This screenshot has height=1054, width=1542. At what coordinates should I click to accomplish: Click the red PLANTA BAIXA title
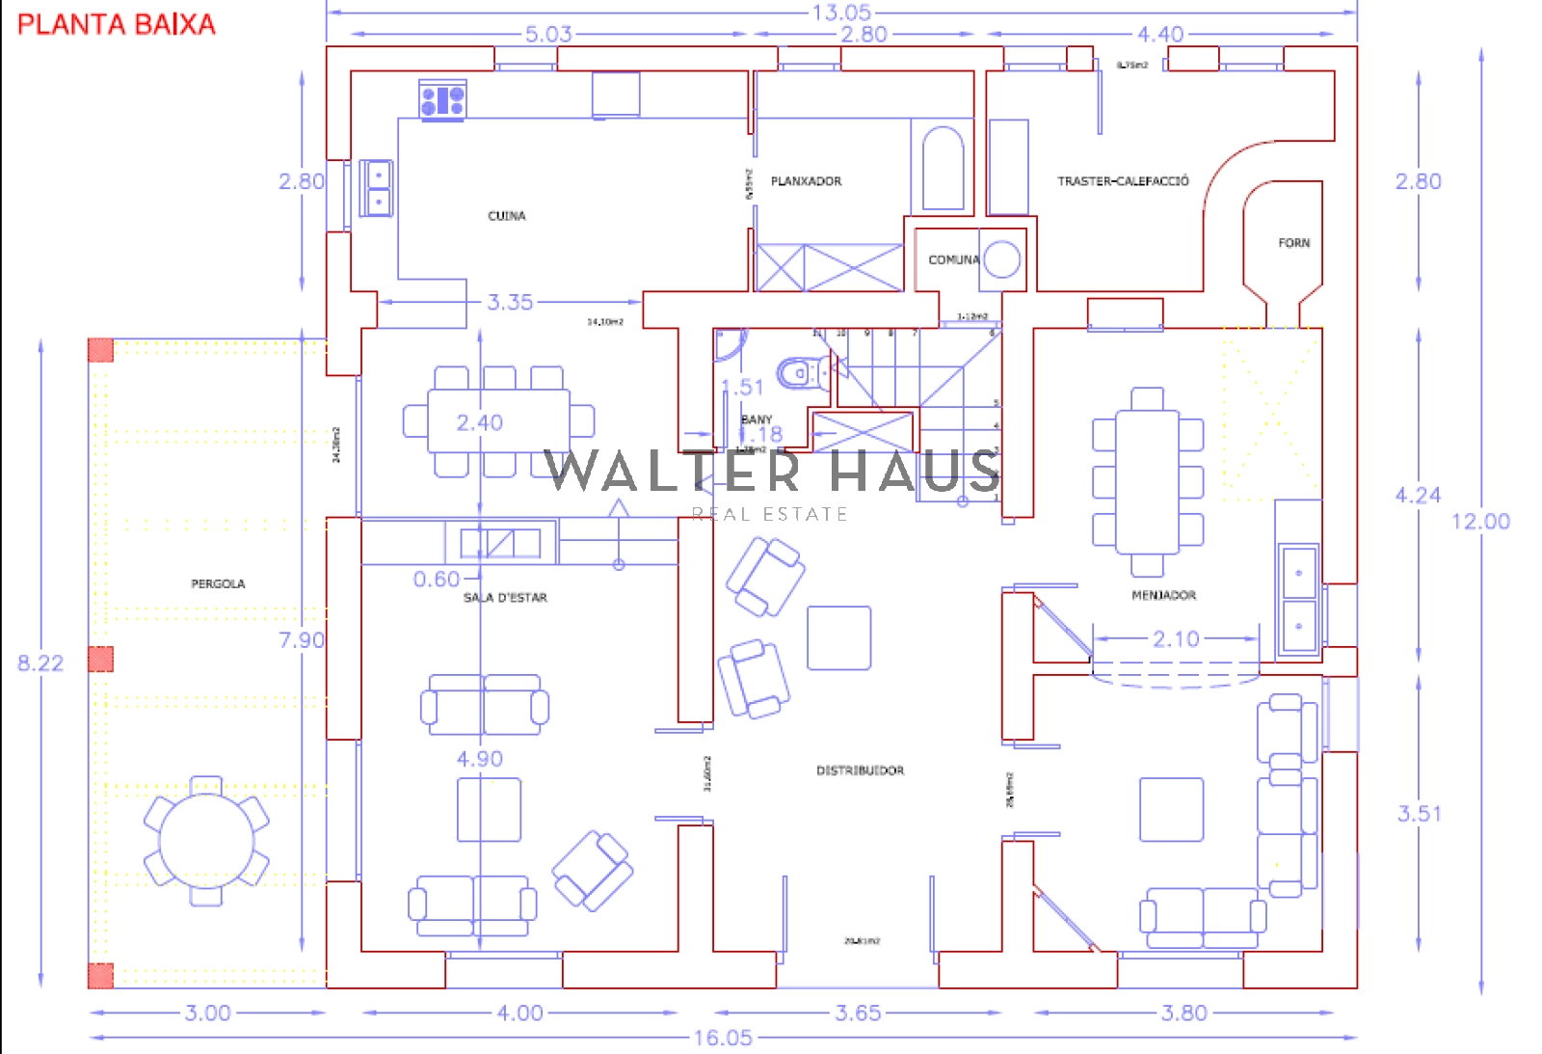click(x=117, y=24)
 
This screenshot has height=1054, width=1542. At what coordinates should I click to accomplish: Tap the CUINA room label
click(x=507, y=216)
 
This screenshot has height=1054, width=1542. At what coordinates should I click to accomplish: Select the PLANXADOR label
click(x=806, y=181)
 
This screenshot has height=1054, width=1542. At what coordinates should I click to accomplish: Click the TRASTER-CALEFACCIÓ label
click(x=1123, y=181)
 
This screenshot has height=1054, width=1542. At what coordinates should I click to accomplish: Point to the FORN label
click(x=1294, y=243)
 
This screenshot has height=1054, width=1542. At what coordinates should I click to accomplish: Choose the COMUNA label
click(x=953, y=260)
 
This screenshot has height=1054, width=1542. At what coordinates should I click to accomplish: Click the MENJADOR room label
click(x=1163, y=596)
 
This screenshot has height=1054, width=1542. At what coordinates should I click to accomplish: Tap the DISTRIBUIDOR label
click(x=860, y=770)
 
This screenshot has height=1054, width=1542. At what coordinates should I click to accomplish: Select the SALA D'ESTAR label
click(x=505, y=598)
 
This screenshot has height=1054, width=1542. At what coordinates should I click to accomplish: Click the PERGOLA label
click(x=218, y=584)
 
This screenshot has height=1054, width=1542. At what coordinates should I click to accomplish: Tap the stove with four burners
click(x=442, y=100)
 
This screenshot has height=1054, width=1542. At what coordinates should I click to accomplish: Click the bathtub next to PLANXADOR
click(x=943, y=170)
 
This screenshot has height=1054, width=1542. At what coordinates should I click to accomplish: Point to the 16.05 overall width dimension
click(x=723, y=1039)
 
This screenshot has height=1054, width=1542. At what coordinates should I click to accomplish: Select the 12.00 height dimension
click(x=1480, y=522)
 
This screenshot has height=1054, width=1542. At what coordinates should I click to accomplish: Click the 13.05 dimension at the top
click(x=841, y=13)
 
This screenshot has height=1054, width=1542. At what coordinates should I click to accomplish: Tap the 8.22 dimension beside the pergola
click(x=40, y=663)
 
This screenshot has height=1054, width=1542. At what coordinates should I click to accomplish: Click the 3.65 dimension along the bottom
click(x=858, y=1013)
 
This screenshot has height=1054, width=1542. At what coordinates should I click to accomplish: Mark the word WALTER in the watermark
click(x=673, y=471)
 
